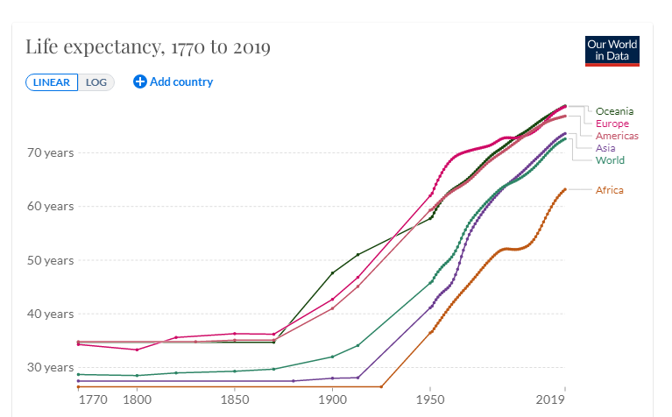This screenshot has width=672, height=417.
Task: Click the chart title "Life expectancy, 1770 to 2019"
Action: (147, 47)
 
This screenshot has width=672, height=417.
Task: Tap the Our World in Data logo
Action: (612, 50)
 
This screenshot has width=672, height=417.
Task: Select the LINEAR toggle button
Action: (52, 82)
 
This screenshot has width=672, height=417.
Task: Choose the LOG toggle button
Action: (96, 82)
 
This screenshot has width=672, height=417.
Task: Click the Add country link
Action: (173, 81)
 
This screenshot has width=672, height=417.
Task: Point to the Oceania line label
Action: (614, 111)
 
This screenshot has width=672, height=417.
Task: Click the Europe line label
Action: (612, 124)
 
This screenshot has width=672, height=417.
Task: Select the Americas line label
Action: (617, 136)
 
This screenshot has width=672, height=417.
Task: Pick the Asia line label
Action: (605, 148)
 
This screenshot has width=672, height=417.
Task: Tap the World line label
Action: (610, 160)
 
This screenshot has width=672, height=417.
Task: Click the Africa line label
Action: (609, 190)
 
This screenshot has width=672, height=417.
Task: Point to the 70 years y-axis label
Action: (50, 152)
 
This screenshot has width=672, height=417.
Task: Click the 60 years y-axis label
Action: (50, 207)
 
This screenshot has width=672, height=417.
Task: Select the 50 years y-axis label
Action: (50, 260)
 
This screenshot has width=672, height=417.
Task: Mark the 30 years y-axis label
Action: (50, 367)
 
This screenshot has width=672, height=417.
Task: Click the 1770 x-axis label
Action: (92, 400)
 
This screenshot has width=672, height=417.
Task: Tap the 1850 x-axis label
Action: (234, 400)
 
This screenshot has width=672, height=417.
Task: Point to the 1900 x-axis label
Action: (332, 400)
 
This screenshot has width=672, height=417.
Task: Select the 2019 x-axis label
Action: (550, 400)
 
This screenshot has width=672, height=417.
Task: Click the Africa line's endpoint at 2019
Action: (565, 189)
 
